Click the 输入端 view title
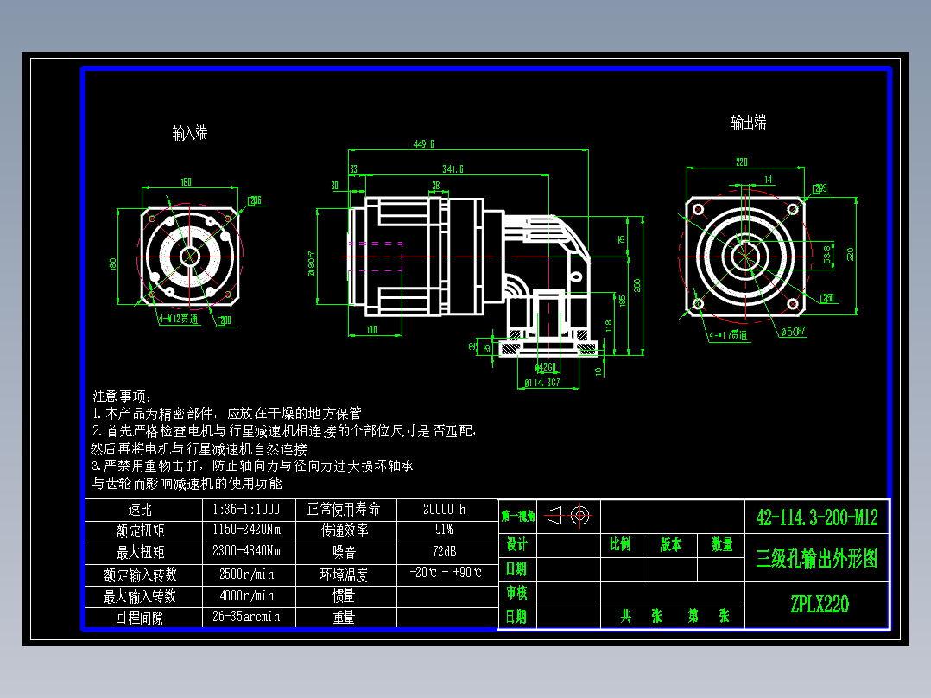(190, 133)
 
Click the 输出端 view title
(748, 123)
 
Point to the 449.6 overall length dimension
(424, 144)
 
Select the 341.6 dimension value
(452, 168)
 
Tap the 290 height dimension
(637, 284)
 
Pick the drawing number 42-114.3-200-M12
(816, 517)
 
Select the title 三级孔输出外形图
(816, 559)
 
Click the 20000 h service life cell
(445, 509)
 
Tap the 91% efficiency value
(445, 530)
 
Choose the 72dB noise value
(445, 551)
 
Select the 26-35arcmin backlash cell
(247, 617)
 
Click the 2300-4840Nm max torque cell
(247, 551)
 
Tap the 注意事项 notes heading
(122, 396)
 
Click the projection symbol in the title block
(567, 516)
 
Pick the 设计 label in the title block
(516, 545)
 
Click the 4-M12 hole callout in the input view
(179, 318)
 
